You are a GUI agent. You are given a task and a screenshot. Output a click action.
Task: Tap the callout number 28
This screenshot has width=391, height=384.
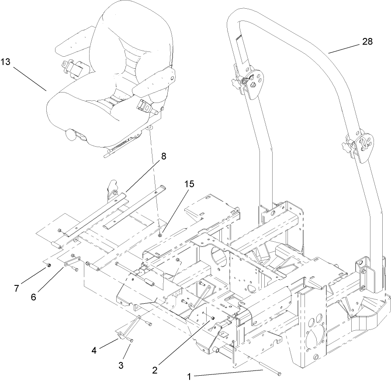(367, 41)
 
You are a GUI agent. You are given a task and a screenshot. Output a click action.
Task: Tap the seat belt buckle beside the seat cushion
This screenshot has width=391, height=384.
(145, 105)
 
